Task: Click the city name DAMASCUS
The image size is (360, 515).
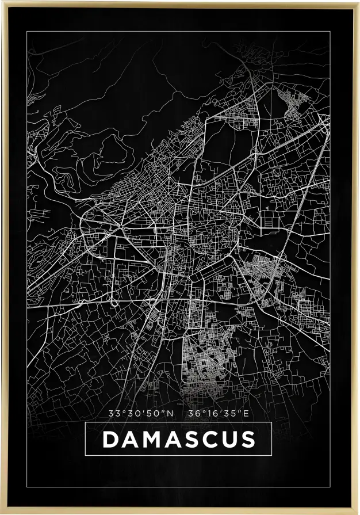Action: [178, 439]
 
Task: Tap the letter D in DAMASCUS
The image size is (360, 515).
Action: [110, 439]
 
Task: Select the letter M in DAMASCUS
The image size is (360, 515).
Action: [149, 439]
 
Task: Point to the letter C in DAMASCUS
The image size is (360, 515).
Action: [206, 439]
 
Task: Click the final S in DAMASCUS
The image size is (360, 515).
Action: [247, 439]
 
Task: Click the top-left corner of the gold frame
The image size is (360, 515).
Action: [2, 2]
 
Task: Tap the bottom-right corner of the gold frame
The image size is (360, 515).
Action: [358, 513]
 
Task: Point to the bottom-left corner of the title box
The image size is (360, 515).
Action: [86, 455]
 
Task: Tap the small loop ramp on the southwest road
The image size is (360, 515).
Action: [115, 302]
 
